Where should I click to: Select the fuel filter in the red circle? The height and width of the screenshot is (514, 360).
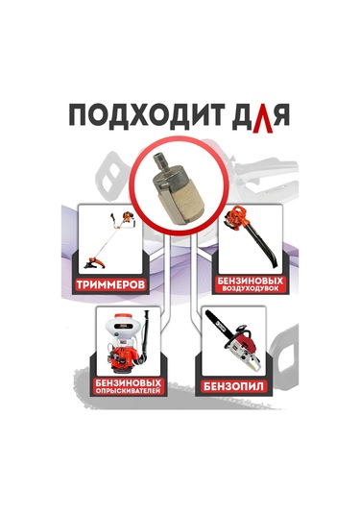(180, 188)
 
